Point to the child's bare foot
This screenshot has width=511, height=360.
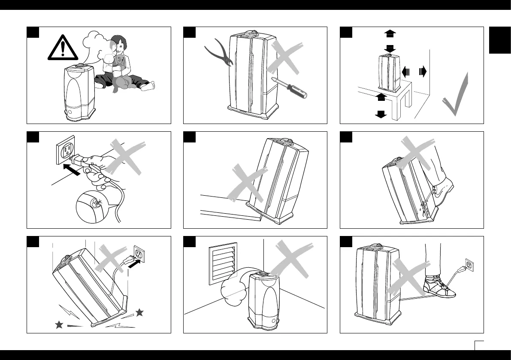[x=148, y=86]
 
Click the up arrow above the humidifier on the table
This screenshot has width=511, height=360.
[x=390, y=33]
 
